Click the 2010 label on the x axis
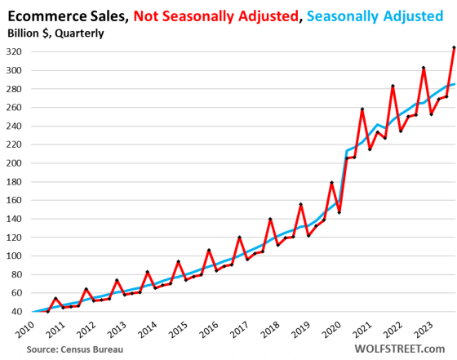click(x=22, y=329)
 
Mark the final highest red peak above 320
click(x=453, y=47)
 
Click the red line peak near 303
click(x=424, y=68)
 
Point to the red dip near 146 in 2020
click(x=339, y=212)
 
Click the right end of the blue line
click(x=453, y=83)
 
